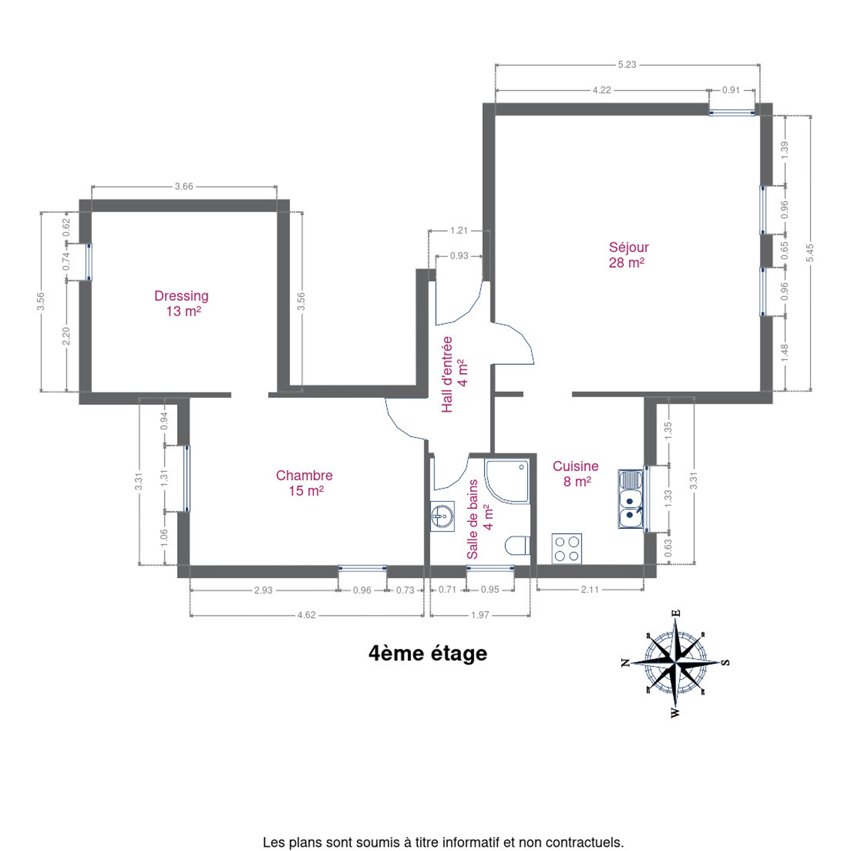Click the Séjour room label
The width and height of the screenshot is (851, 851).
point(628,255)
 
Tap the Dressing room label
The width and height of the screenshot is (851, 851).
point(181,303)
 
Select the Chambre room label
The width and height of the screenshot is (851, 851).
point(304,483)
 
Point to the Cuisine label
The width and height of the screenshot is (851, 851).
point(576,473)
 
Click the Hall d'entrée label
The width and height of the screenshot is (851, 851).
point(455,375)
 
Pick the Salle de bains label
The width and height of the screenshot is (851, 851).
point(480,519)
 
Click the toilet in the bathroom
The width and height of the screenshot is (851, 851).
point(518,546)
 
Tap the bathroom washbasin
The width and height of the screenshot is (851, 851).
point(442,516)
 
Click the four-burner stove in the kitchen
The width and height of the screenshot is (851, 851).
point(567,548)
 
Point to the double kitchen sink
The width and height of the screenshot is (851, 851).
point(631,499)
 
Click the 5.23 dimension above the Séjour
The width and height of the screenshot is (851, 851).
point(626,64)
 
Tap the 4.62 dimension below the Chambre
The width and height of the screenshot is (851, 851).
point(307,615)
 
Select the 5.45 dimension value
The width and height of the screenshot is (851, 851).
point(810,253)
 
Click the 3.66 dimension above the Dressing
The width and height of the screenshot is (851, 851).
point(184,186)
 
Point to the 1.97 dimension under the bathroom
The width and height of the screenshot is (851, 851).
point(480,615)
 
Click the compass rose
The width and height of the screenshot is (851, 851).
point(675,662)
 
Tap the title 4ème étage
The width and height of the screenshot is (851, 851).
point(427,654)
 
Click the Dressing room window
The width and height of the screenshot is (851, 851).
point(89,261)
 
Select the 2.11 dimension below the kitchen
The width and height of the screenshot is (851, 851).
point(590,590)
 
